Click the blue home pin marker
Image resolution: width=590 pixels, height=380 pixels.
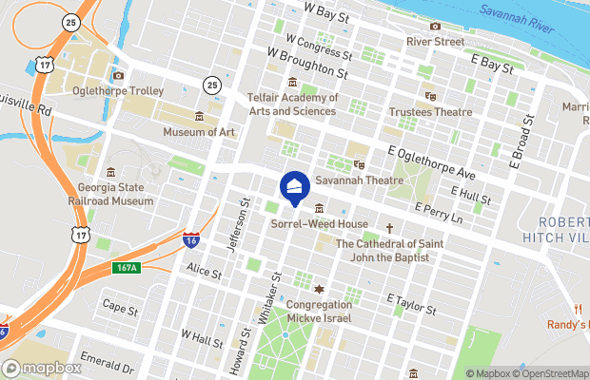(295, 188)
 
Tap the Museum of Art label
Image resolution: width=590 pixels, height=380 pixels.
(198, 132)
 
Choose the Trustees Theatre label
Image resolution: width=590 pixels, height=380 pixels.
(430, 112)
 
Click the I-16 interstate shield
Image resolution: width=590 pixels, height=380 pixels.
(191, 239)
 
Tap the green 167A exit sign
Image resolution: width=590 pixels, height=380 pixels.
(127, 267)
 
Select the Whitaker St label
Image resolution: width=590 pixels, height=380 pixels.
(271, 297)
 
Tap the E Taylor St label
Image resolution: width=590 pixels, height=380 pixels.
(410, 304)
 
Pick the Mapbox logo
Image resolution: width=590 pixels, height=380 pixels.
(42, 369)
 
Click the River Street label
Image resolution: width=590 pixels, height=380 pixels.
(435, 42)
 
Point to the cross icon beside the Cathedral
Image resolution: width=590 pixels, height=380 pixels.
(388, 228)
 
